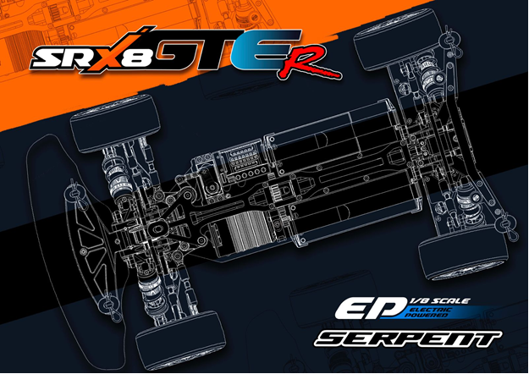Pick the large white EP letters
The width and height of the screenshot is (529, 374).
371,307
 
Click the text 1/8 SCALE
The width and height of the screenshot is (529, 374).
439,300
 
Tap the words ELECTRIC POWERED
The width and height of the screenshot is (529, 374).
428,312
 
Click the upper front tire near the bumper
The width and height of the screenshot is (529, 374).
115,124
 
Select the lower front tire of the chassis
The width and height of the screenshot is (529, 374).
180,341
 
